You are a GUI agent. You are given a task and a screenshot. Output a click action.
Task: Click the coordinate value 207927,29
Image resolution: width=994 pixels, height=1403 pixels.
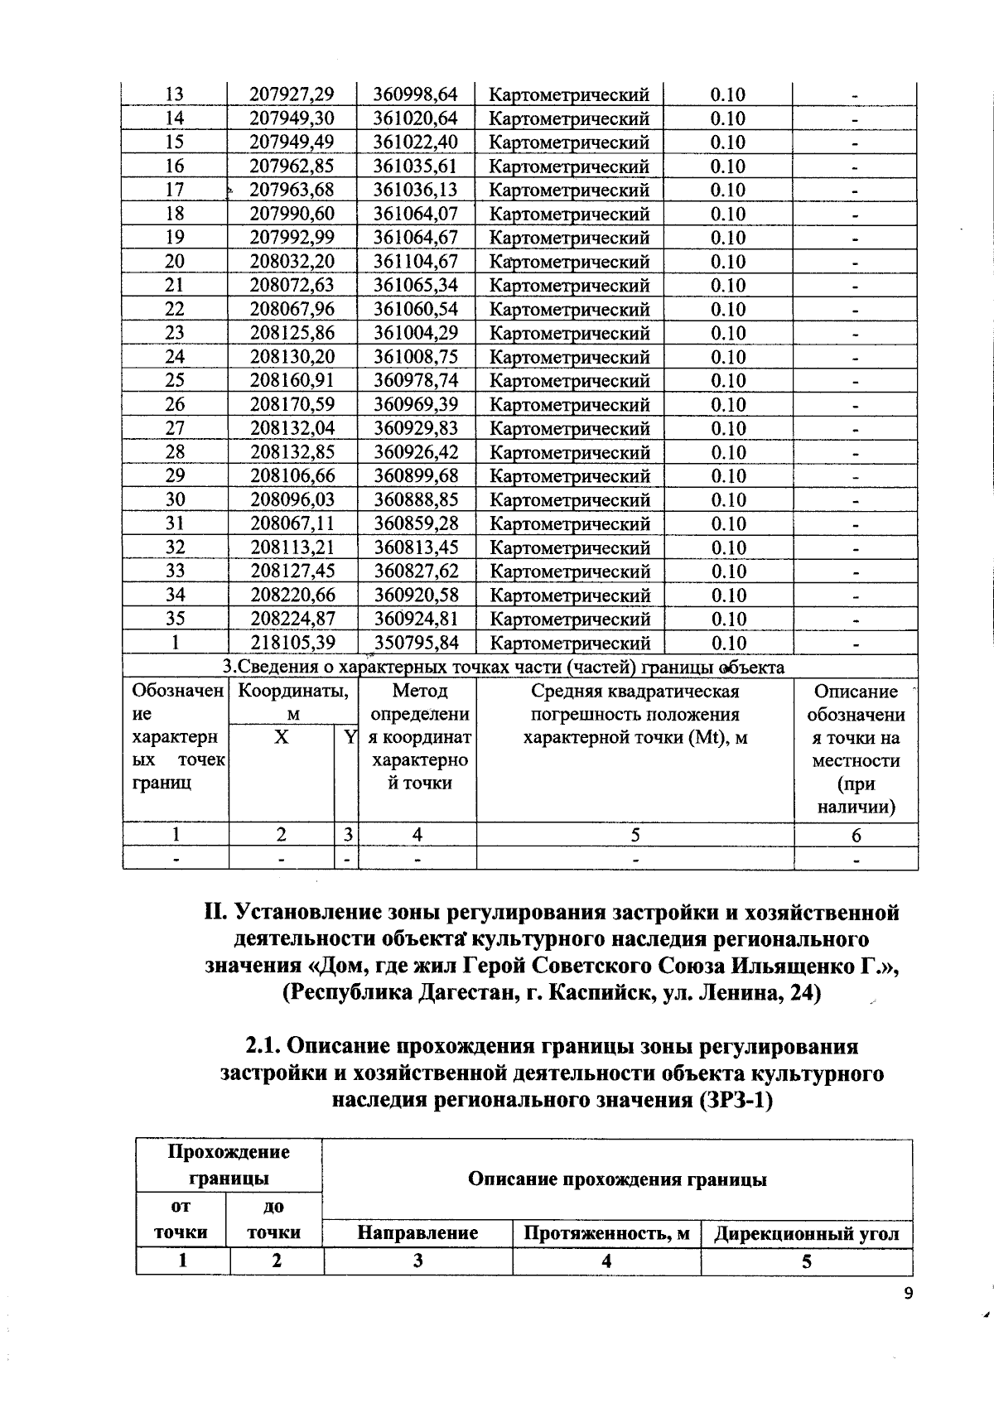click(x=292, y=94)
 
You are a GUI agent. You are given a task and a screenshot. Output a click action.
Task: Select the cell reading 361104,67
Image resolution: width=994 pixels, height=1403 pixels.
click(x=415, y=262)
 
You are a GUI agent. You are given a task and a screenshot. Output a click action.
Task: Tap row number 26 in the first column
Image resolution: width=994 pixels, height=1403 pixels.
click(x=175, y=405)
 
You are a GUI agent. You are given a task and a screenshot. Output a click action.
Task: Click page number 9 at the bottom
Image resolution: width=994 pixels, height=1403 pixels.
click(x=908, y=1295)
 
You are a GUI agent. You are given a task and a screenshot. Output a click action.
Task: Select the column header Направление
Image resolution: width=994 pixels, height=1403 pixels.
click(x=417, y=1233)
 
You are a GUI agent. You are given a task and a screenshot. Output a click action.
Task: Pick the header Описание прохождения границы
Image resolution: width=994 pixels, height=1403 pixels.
click(x=617, y=1179)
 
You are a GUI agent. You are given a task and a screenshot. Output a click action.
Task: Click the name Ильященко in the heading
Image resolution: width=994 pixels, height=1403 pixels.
click(x=791, y=966)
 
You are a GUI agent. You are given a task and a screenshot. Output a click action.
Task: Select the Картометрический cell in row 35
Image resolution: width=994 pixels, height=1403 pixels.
click(x=570, y=620)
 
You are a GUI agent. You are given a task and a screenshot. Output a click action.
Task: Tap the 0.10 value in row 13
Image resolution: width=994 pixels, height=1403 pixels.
click(x=727, y=94)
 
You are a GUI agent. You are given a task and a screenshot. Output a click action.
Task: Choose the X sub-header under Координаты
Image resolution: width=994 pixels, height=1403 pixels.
click(x=282, y=737)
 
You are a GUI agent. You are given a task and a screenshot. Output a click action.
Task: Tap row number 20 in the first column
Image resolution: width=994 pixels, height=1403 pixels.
click(x=175, y=262)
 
